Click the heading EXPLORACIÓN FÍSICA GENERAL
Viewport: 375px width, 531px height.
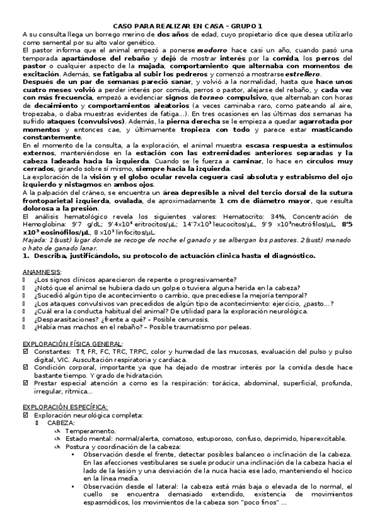(x=72, y=343)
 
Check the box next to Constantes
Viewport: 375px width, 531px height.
(x=26, y=352)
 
